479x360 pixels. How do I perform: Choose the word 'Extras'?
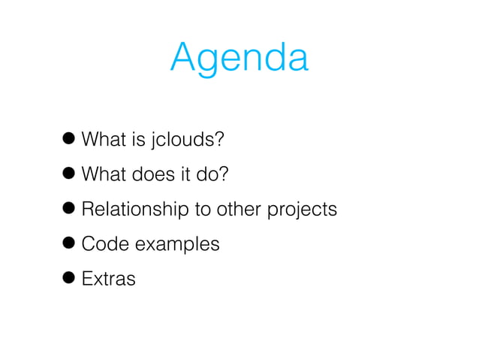click(x=108, y=279)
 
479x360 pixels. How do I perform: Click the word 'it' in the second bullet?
click(x=183, y=174)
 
